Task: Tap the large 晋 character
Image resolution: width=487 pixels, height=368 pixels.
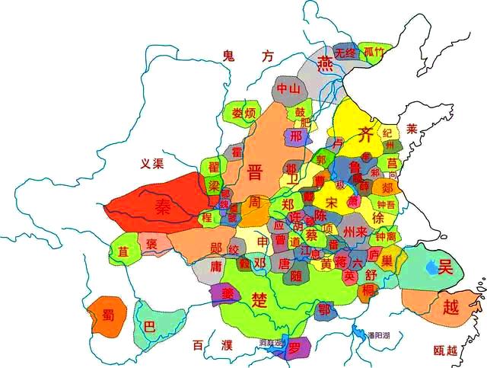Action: pos(255,171)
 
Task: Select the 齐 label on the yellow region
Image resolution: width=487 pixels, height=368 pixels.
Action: pos(367,136)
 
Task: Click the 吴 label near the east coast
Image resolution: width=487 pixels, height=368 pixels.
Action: pos(445,266)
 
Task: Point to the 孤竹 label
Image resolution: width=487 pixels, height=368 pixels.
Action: pos(374,52)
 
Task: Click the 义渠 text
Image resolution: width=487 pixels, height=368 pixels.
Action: pos(153,163)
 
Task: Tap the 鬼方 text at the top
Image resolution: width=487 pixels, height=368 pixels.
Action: pos(247,55)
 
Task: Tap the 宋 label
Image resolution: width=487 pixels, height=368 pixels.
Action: pos(332,203)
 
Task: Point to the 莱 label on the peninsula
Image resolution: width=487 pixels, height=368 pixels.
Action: pos(412,128)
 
